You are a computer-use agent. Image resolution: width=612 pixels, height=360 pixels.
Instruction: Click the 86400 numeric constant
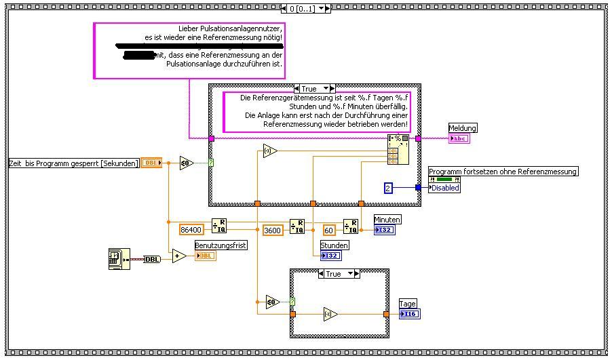(x=191, y=230)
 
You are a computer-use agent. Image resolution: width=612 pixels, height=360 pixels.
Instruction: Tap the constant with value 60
(x=329, y=230)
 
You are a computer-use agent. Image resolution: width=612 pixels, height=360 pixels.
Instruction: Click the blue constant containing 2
(x=388, y=188)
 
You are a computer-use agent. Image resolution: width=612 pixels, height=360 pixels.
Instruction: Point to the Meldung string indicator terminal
(x=459, y=138)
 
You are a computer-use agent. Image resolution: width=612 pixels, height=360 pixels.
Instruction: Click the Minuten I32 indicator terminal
(x=384, y=230)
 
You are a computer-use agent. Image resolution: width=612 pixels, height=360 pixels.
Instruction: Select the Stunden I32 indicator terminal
(x=331, y=255)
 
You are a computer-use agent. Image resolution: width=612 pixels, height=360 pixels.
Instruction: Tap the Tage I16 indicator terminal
(x=409, y=314)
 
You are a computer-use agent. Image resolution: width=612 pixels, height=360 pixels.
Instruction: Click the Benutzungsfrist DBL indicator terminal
(x=206, y=256)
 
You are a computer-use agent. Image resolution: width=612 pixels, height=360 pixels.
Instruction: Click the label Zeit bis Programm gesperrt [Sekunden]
(x=74, y=163)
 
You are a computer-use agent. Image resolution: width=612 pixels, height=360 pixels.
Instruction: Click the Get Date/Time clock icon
(x=116, y=258)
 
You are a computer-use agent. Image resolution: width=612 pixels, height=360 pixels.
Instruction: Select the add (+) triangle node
(x=179, y=256)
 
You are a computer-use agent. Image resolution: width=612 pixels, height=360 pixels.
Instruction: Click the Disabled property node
(x=445, y=188)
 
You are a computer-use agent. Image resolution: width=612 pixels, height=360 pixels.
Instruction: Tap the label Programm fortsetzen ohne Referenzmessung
(x=503, y=172)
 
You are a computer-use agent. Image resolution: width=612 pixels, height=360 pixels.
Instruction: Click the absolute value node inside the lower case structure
(x=330, y=315)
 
